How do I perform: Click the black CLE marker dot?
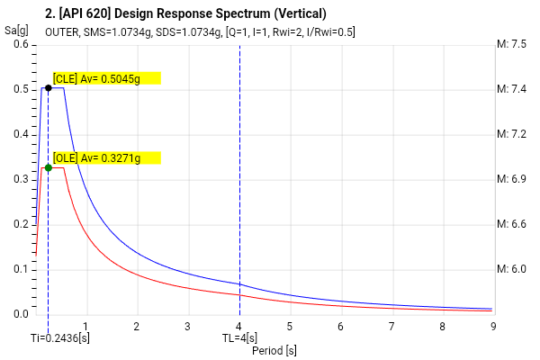click(x=48, y=88)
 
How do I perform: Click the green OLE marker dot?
click(x=48, y=167)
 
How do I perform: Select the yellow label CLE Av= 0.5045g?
click(x=106, y=77)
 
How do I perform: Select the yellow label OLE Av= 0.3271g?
click(x=106, y=157)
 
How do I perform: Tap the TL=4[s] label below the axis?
click(x=239, y=337)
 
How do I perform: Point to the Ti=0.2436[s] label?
click(x=59, y=337)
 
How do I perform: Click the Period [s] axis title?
click(x=274, y=350)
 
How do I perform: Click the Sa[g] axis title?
click(x=14, y=30)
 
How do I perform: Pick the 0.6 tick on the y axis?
click(x=20, y=45)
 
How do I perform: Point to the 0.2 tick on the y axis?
click(x=20, y=224)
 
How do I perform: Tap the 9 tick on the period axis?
click(x=493, y=326)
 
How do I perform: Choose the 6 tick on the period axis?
click(x=341, y=326)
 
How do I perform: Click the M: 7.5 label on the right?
click(x=511, y=44)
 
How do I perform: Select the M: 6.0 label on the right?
click(x=511, y=269)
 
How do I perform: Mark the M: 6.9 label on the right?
click(x=511, y=179)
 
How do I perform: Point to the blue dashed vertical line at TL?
click(x=239, y=180)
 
